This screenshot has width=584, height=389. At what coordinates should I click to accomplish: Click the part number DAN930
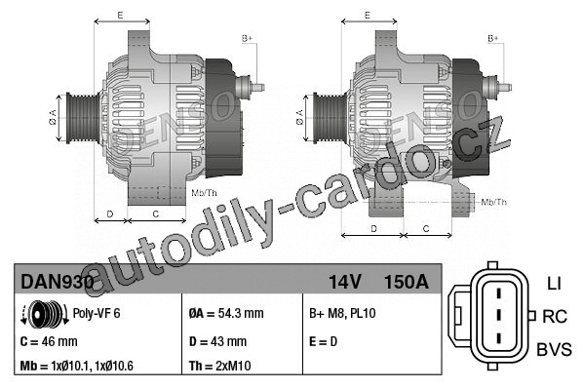click(58, 282)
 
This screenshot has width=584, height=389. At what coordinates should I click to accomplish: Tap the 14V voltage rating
click(345, 282)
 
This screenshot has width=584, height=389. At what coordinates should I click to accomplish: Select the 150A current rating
click(407, 282)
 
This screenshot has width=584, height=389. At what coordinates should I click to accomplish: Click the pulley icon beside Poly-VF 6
click(45, 314)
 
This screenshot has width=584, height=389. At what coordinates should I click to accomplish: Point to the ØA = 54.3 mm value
click(226, 313)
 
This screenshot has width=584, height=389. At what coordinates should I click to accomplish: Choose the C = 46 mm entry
click(49, 341)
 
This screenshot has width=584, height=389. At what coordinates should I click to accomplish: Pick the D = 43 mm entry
click(217, 341)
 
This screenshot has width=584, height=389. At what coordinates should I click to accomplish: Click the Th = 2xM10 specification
click(219, 366)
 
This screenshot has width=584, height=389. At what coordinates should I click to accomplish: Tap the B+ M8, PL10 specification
click(342, 313)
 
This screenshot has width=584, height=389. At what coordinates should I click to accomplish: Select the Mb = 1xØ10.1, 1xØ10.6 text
click(76, 366)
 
